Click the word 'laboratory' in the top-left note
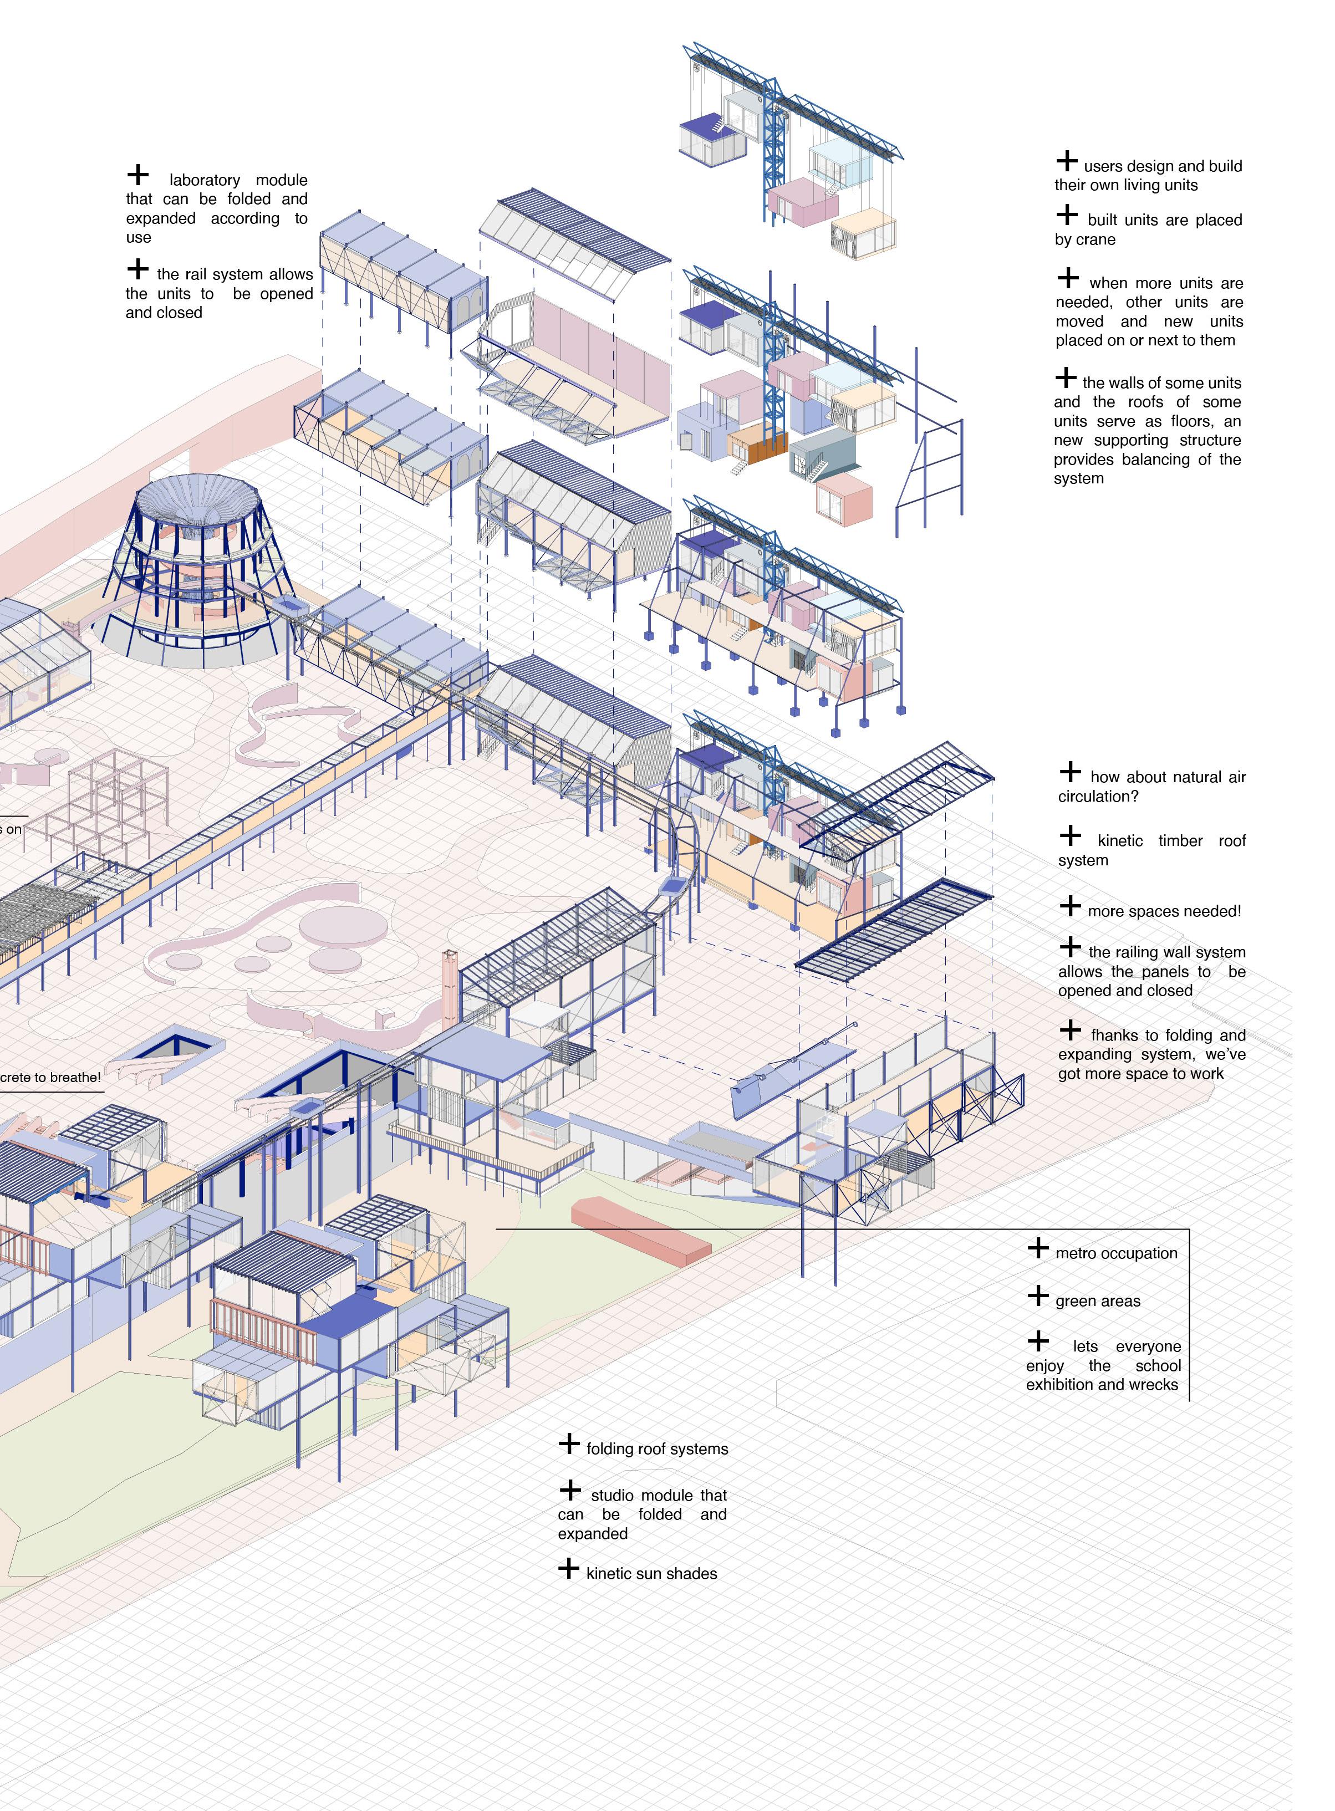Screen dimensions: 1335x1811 coord(205,180)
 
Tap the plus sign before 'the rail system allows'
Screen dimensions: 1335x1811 coord(138,268)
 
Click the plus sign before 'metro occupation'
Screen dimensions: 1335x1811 coord(1038,1248)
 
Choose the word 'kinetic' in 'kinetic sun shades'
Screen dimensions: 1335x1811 coord(611,1573)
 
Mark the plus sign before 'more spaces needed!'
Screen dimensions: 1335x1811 coord(1070,906)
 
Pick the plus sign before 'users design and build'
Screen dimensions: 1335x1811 coord(1067,161)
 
